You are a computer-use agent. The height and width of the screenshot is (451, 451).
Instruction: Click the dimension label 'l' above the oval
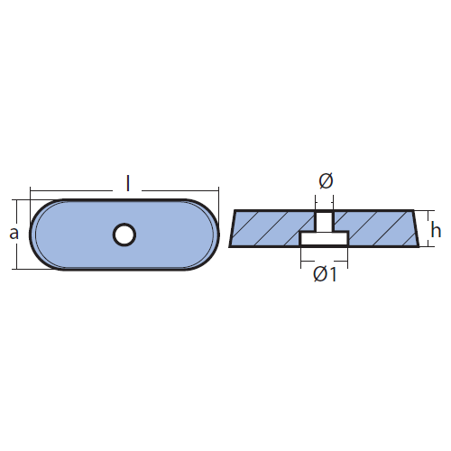tap(128, 184)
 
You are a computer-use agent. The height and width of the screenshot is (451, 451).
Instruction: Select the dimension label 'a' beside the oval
tap(14, 234)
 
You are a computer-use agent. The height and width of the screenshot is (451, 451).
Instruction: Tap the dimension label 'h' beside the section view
tap(436, 230)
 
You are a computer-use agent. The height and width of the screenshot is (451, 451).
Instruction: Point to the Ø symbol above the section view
tap(326, 181)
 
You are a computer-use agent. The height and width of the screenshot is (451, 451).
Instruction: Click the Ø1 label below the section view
tap(325, 274)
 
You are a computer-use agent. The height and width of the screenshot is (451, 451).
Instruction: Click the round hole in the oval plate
tap(124, 235)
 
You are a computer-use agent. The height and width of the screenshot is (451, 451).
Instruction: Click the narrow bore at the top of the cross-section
tap(324, 221)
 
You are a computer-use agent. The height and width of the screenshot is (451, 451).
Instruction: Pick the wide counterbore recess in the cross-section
tap(324, 238)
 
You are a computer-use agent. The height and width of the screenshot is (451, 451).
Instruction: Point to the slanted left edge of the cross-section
tap(232, 228)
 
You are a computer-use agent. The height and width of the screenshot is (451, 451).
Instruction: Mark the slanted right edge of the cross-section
tap(416, 228)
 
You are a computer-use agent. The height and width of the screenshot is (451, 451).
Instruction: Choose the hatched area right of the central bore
tap(379, 228)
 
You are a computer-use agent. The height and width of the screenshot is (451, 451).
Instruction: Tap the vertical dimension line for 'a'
tap(17, 235)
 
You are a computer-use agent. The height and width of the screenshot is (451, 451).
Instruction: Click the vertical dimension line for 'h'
tap(428, 229)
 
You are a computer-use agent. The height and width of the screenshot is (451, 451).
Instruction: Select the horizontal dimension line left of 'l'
tap(71, 190)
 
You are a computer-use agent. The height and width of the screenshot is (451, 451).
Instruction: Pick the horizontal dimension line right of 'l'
tap(180, 190)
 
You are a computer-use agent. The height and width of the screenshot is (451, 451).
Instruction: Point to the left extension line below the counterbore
tap(301, 257)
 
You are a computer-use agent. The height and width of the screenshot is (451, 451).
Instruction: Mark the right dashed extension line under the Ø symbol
tap(333, 203)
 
